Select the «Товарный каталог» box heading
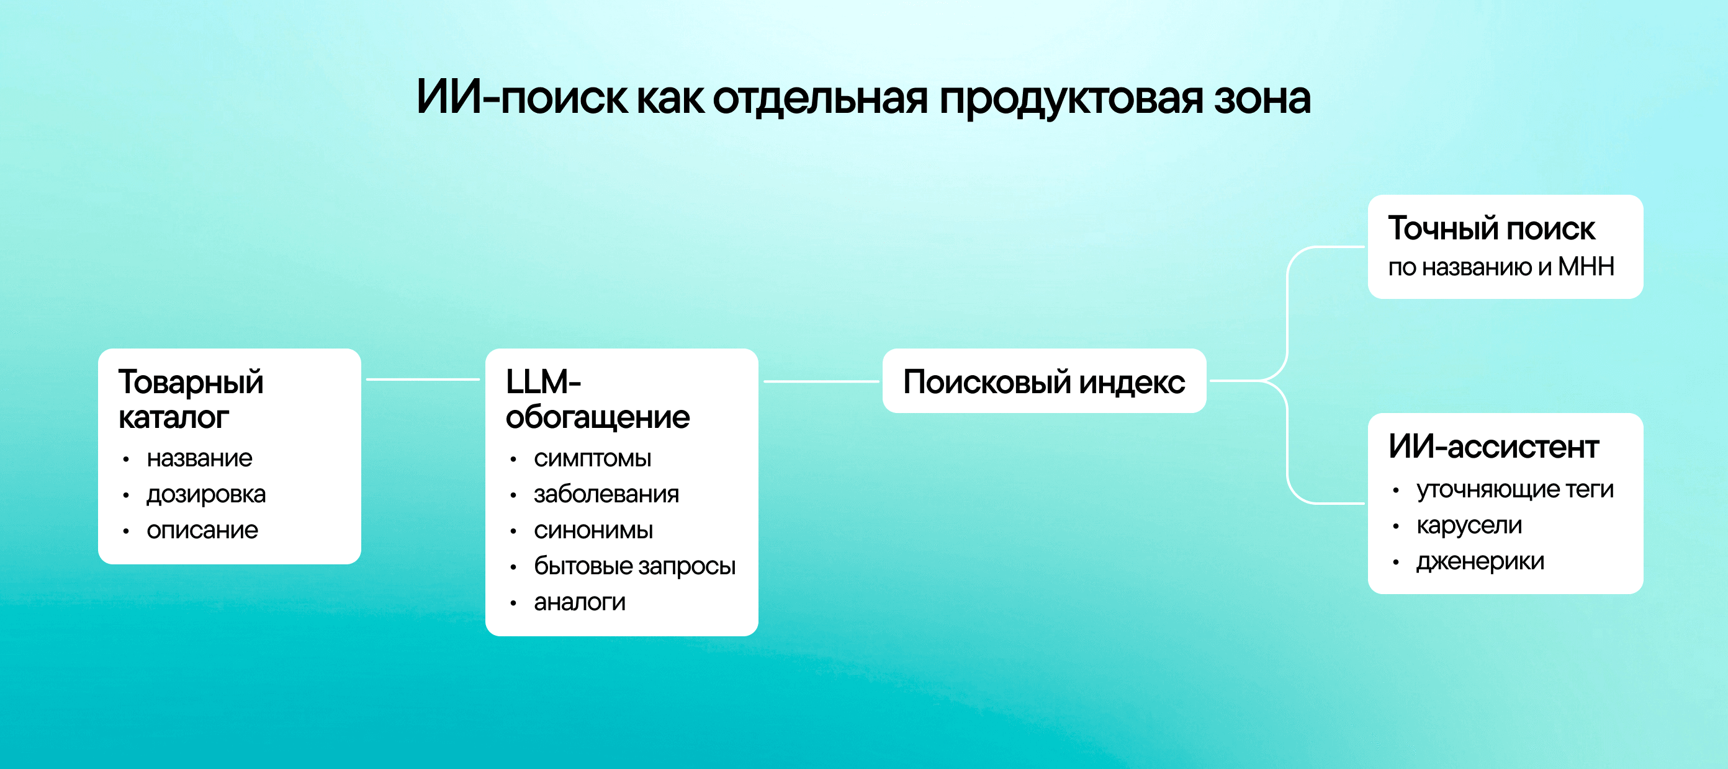tap(191, 399)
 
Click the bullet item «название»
tap(199, 458)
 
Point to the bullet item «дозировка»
tap(206, 495)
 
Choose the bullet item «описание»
tap(202, 530)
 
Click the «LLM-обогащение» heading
tap(597, 399)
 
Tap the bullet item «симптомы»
tap(592, 458)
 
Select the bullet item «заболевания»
tap(606, 494)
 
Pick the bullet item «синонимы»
tap(593, 530)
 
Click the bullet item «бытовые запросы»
tap(634, 567)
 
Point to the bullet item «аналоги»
tap(580, 602)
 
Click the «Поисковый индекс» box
tap(1044, 381)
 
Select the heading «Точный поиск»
tap(1491, 229)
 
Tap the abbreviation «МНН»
tap(1586, 267)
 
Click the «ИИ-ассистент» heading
tap(1493, 447)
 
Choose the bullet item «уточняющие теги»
tap(1514, 490)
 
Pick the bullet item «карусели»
tap(1469, 526)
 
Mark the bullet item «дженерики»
tap(1480, 562)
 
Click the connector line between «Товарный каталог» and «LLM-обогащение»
tap(423, 380)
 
